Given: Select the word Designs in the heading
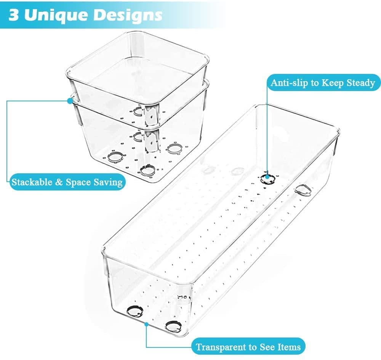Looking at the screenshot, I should [130, 16].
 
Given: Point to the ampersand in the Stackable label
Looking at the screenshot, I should [59, 182].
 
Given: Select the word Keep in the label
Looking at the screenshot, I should [333, 83].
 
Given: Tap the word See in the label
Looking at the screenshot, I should [267, 347].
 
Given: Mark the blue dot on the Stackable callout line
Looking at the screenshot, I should [70, 101].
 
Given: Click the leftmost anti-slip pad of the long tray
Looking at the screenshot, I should [134, 311].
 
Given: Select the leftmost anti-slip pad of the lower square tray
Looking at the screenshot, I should [114, 157].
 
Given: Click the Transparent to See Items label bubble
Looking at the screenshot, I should [248, 347].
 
